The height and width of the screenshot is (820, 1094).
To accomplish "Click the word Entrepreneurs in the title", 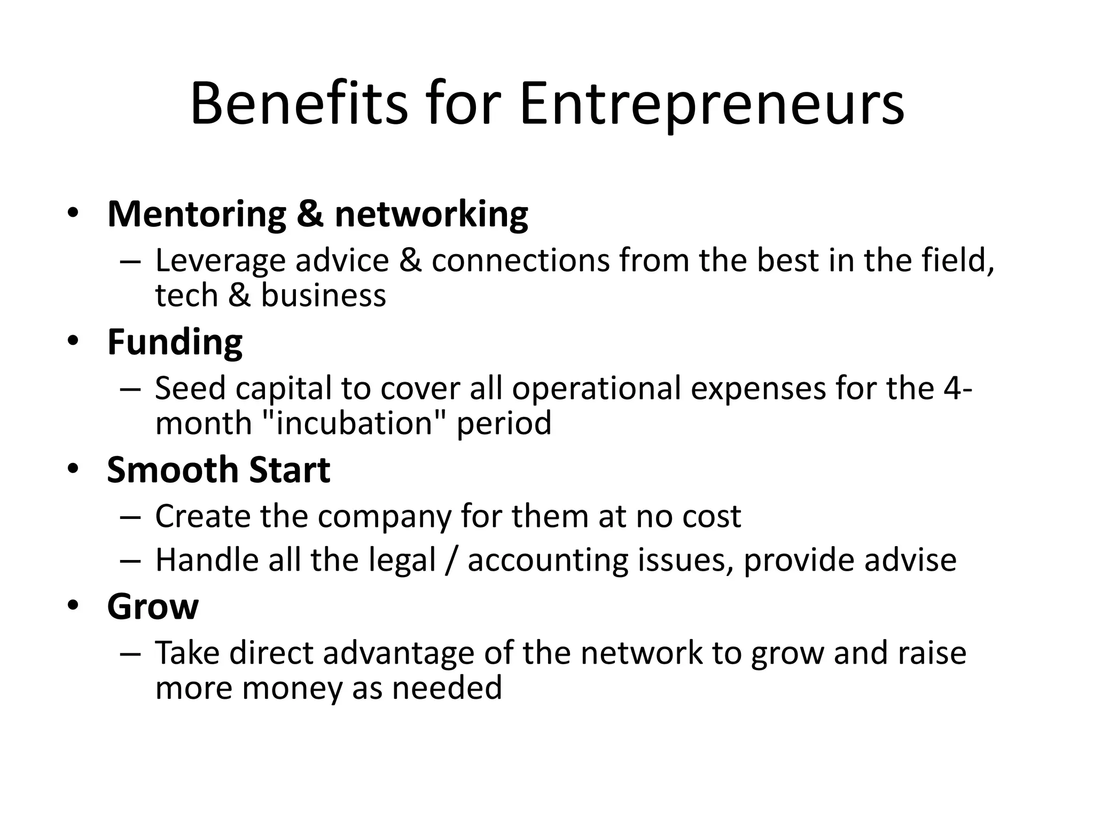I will [712, 104].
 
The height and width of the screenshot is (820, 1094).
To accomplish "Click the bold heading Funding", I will [175, 343].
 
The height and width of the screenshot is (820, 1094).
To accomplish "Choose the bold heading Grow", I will [153, 607].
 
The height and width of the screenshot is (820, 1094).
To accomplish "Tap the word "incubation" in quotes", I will [354, 423].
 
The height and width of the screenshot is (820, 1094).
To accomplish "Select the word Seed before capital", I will [190, 389].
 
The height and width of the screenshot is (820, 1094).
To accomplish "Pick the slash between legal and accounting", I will [451, 561].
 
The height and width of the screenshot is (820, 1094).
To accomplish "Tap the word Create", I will [202, 517].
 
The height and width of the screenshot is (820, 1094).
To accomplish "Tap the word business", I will [323, 296].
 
